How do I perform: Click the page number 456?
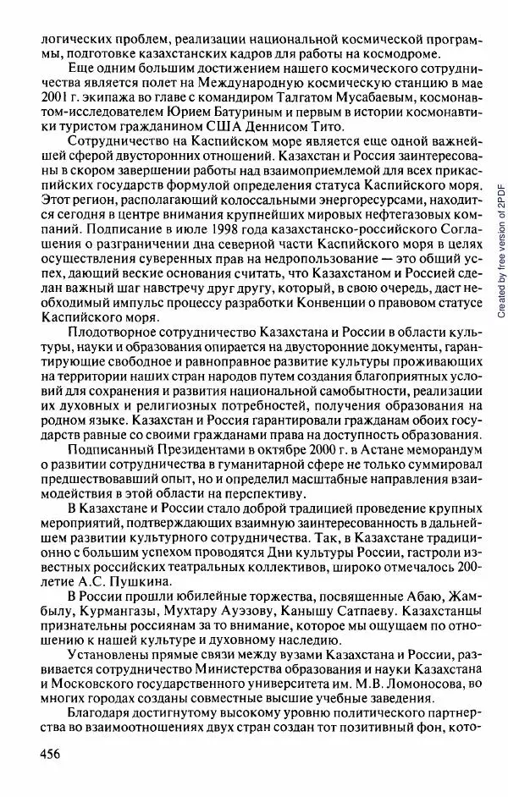[36, 756]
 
